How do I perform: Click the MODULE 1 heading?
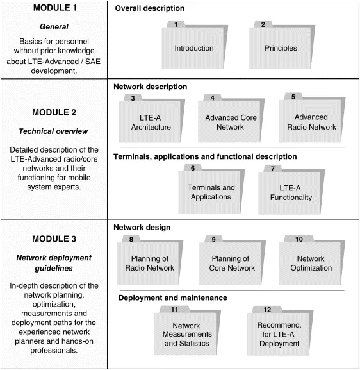(x=54, y=10)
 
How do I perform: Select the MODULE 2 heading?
(x=54, y=112)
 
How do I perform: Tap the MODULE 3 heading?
(x=54, y=239)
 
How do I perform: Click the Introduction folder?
(x=185, y=49)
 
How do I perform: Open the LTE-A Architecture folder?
(x=155, y=122)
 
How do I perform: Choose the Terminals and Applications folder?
(x=211, y=192)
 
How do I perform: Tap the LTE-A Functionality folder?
(x=295, y=192)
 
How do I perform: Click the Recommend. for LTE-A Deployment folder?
(x=280, y=334)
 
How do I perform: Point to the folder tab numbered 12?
(x=267, y=310)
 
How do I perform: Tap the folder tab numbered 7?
(x=274, y=169)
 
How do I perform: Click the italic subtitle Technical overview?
(x=54, y=131)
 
